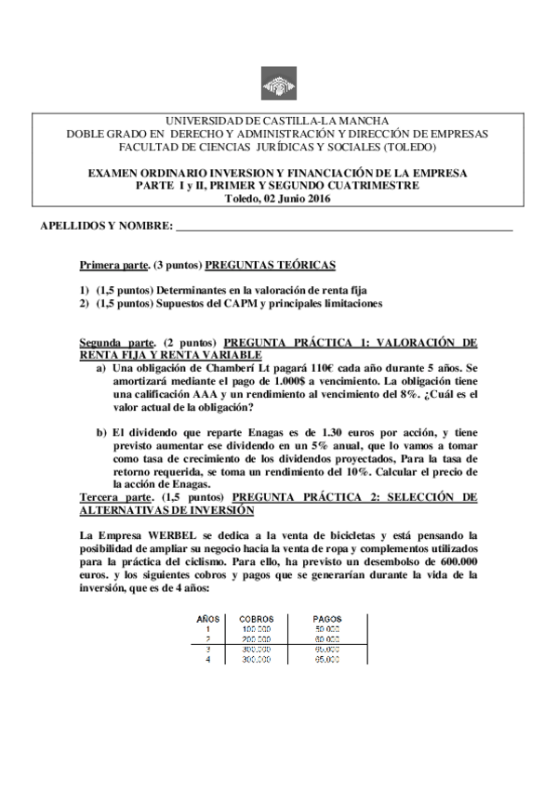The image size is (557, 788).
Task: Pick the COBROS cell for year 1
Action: (256, 629)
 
